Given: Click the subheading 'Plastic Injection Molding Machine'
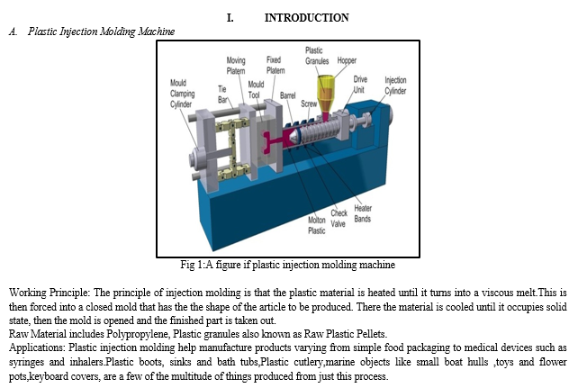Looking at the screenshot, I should [x=102, y=32].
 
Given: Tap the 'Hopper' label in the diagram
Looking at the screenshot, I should [x=347, y=61].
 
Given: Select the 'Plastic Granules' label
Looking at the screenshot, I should [x=315, y=56].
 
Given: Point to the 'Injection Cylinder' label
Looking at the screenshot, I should [x=396, y=86].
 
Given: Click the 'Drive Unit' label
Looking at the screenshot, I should [x=360, y=85].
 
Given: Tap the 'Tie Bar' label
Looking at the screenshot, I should [x=223, y=94].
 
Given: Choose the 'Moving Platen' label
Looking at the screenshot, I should [x=236, y=65].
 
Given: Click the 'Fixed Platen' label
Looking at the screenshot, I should [x=275, y=65].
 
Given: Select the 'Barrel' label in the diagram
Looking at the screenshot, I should [x=289, y=94].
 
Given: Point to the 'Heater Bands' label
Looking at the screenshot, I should [x=362, y=212].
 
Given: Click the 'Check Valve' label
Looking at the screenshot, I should [x=339, y=218].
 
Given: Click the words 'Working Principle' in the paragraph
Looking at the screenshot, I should [x=45, y=292].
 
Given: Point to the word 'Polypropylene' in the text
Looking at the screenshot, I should [x=110, y=334].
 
